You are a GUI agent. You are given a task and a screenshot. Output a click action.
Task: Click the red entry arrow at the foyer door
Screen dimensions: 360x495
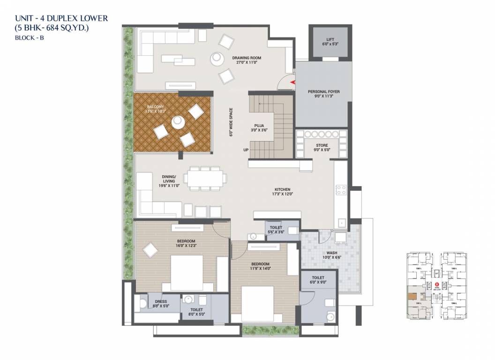click(293, 82)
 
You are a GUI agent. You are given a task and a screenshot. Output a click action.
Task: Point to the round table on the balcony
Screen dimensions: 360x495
click(178, 122)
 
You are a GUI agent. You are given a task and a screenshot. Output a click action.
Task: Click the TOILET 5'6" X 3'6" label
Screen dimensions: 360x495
click(276, 229)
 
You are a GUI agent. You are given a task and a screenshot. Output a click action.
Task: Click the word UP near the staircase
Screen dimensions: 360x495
click(246, 150)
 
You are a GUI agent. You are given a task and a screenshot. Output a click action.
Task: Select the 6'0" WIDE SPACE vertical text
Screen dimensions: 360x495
click(231, 122)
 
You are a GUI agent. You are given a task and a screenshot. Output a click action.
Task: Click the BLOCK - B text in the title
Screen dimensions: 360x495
click(29, 38)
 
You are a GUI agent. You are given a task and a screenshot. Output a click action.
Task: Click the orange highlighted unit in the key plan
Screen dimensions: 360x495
click(412, 296)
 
